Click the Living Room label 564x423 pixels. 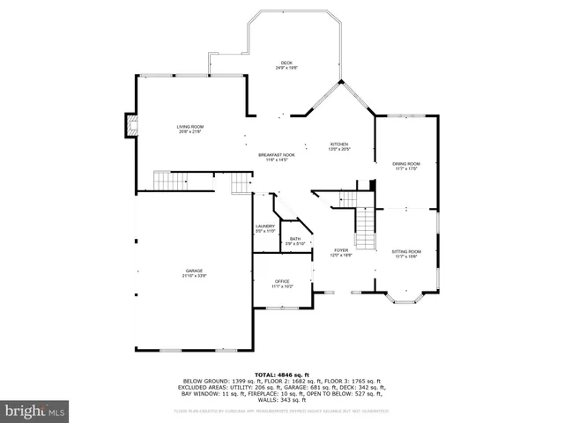(190, 128)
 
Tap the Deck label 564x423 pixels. (286, 63)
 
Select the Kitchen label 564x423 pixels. (339, 145)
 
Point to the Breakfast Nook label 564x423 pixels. (276, 155)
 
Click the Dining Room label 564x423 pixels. (406, 164)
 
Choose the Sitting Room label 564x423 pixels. (406, 252)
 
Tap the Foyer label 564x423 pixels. (341, 250)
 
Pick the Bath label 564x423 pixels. (295, 239)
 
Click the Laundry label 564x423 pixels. (265, 226)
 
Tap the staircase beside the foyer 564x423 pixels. (365, 228)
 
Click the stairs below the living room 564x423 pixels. (171, 182)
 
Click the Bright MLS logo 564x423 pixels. (35, 411)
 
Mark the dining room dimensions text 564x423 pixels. (406, 169)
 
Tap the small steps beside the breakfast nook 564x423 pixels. (241, 183)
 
